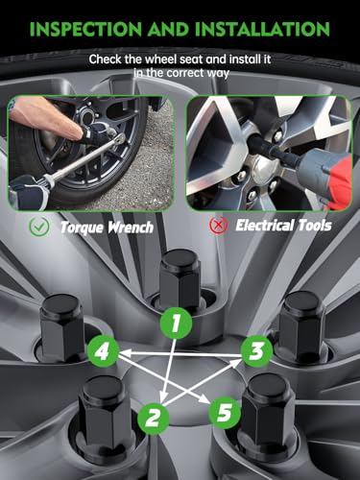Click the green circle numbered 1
[176, 323]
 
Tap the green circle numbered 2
[154, 418]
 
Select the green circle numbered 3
[256, 351]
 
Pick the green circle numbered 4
[103, 351]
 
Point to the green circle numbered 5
[225, 412]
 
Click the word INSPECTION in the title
[85, 29]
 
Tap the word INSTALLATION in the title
[262, 29]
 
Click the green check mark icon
[39, 227]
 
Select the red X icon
[219, 226]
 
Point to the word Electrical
[265, 226]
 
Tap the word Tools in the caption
[315, 226]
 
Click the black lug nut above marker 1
[180, 278]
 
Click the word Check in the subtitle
[106, 60]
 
